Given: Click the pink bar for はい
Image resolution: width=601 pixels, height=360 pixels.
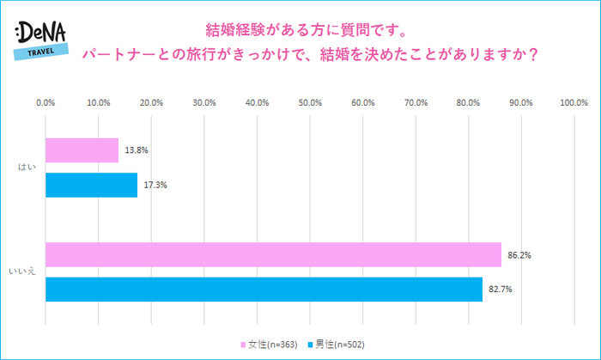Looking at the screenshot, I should click(82, 150).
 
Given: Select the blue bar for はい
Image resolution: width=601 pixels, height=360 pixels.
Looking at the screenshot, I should click(91, 185).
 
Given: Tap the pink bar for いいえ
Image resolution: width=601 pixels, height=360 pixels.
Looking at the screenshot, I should click(273, 255).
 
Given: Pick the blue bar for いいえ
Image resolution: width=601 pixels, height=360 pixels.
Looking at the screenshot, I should click(264, 290).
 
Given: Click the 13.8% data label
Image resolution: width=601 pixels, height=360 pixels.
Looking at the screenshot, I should click(137, 150).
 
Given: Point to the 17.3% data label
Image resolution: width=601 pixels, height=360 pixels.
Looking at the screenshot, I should click(155, 185).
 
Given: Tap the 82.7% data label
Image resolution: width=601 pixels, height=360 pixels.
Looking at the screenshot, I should click(501, 290).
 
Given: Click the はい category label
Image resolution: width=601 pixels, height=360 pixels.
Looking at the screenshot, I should click(27, 168).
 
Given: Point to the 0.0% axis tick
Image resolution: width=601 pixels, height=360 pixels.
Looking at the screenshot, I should click(46, 102).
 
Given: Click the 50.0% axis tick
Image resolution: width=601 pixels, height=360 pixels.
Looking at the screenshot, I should click(310, 102).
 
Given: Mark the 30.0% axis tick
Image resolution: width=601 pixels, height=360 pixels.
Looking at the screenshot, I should click(204, 102).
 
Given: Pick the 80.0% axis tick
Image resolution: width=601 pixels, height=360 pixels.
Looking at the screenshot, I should click(468, 102).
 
